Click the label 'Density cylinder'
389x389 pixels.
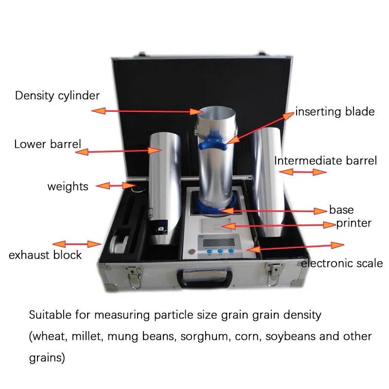[57, 95]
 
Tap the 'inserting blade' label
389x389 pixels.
[335, 111]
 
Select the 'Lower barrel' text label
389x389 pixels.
[48, 144]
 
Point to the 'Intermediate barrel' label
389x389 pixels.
[325, 160]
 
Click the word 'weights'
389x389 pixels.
[68, 186]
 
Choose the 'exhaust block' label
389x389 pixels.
[45, 255]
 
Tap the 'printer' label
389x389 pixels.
[354, 223]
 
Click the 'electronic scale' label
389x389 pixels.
[342, 264]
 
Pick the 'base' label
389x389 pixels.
[341, 210]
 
